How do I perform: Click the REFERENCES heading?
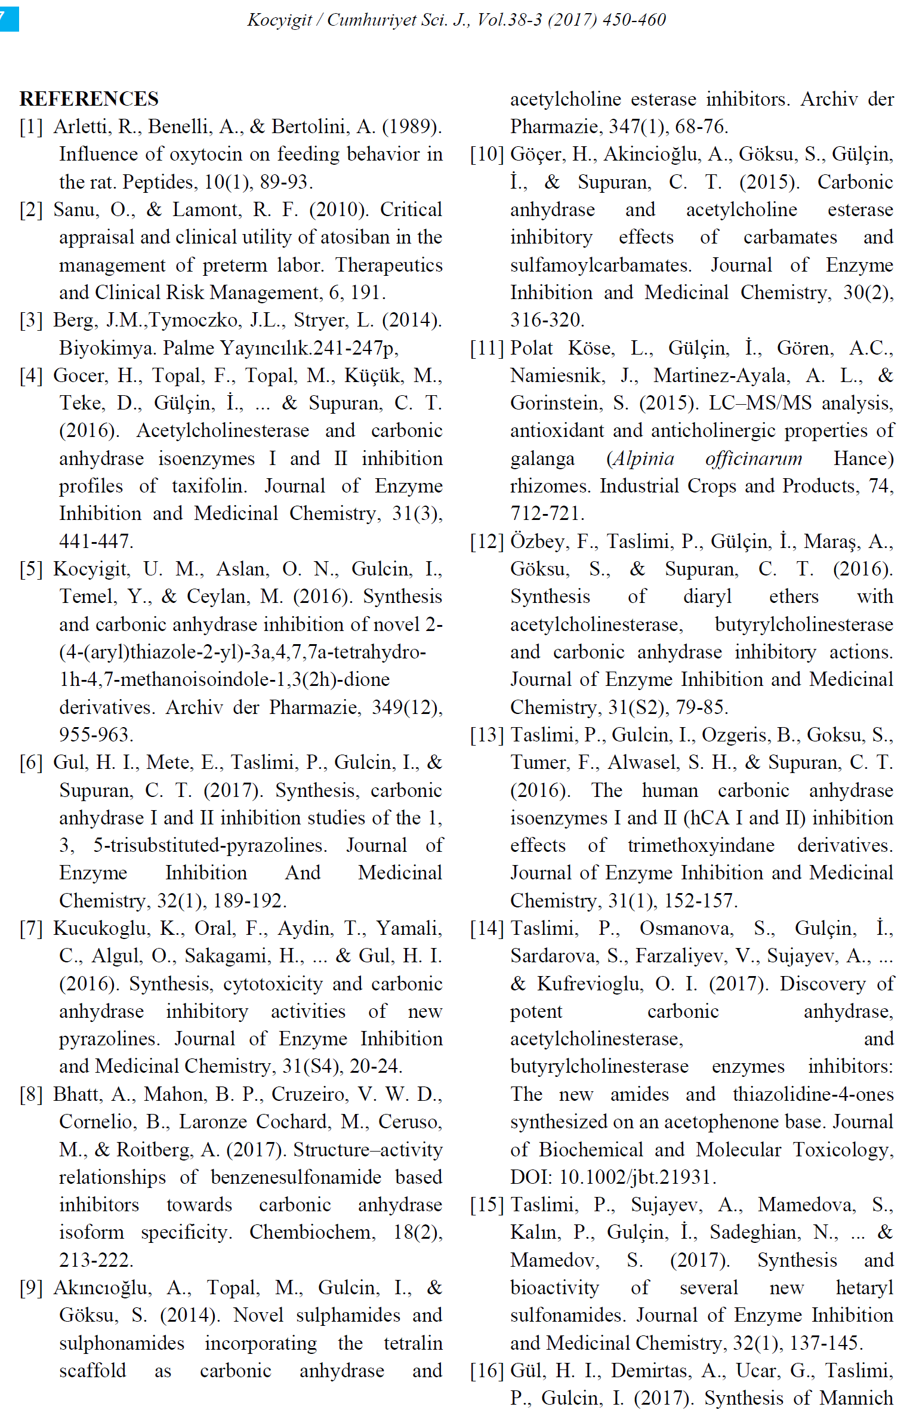tap(89, 99)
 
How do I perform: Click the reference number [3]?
tap(31, 321)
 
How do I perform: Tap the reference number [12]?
tap(487, 541)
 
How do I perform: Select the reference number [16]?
tap(487, 1371)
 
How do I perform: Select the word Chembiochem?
tap(311, 1232)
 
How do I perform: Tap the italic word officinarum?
tap(753, 458)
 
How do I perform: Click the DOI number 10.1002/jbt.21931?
tap(637, 1177)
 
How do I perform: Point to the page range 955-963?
tap(96, 734)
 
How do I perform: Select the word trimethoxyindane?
tap(701, 845)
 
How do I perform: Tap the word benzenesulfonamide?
tap(296, 1177)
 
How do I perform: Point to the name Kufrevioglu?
tap(590, 984)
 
